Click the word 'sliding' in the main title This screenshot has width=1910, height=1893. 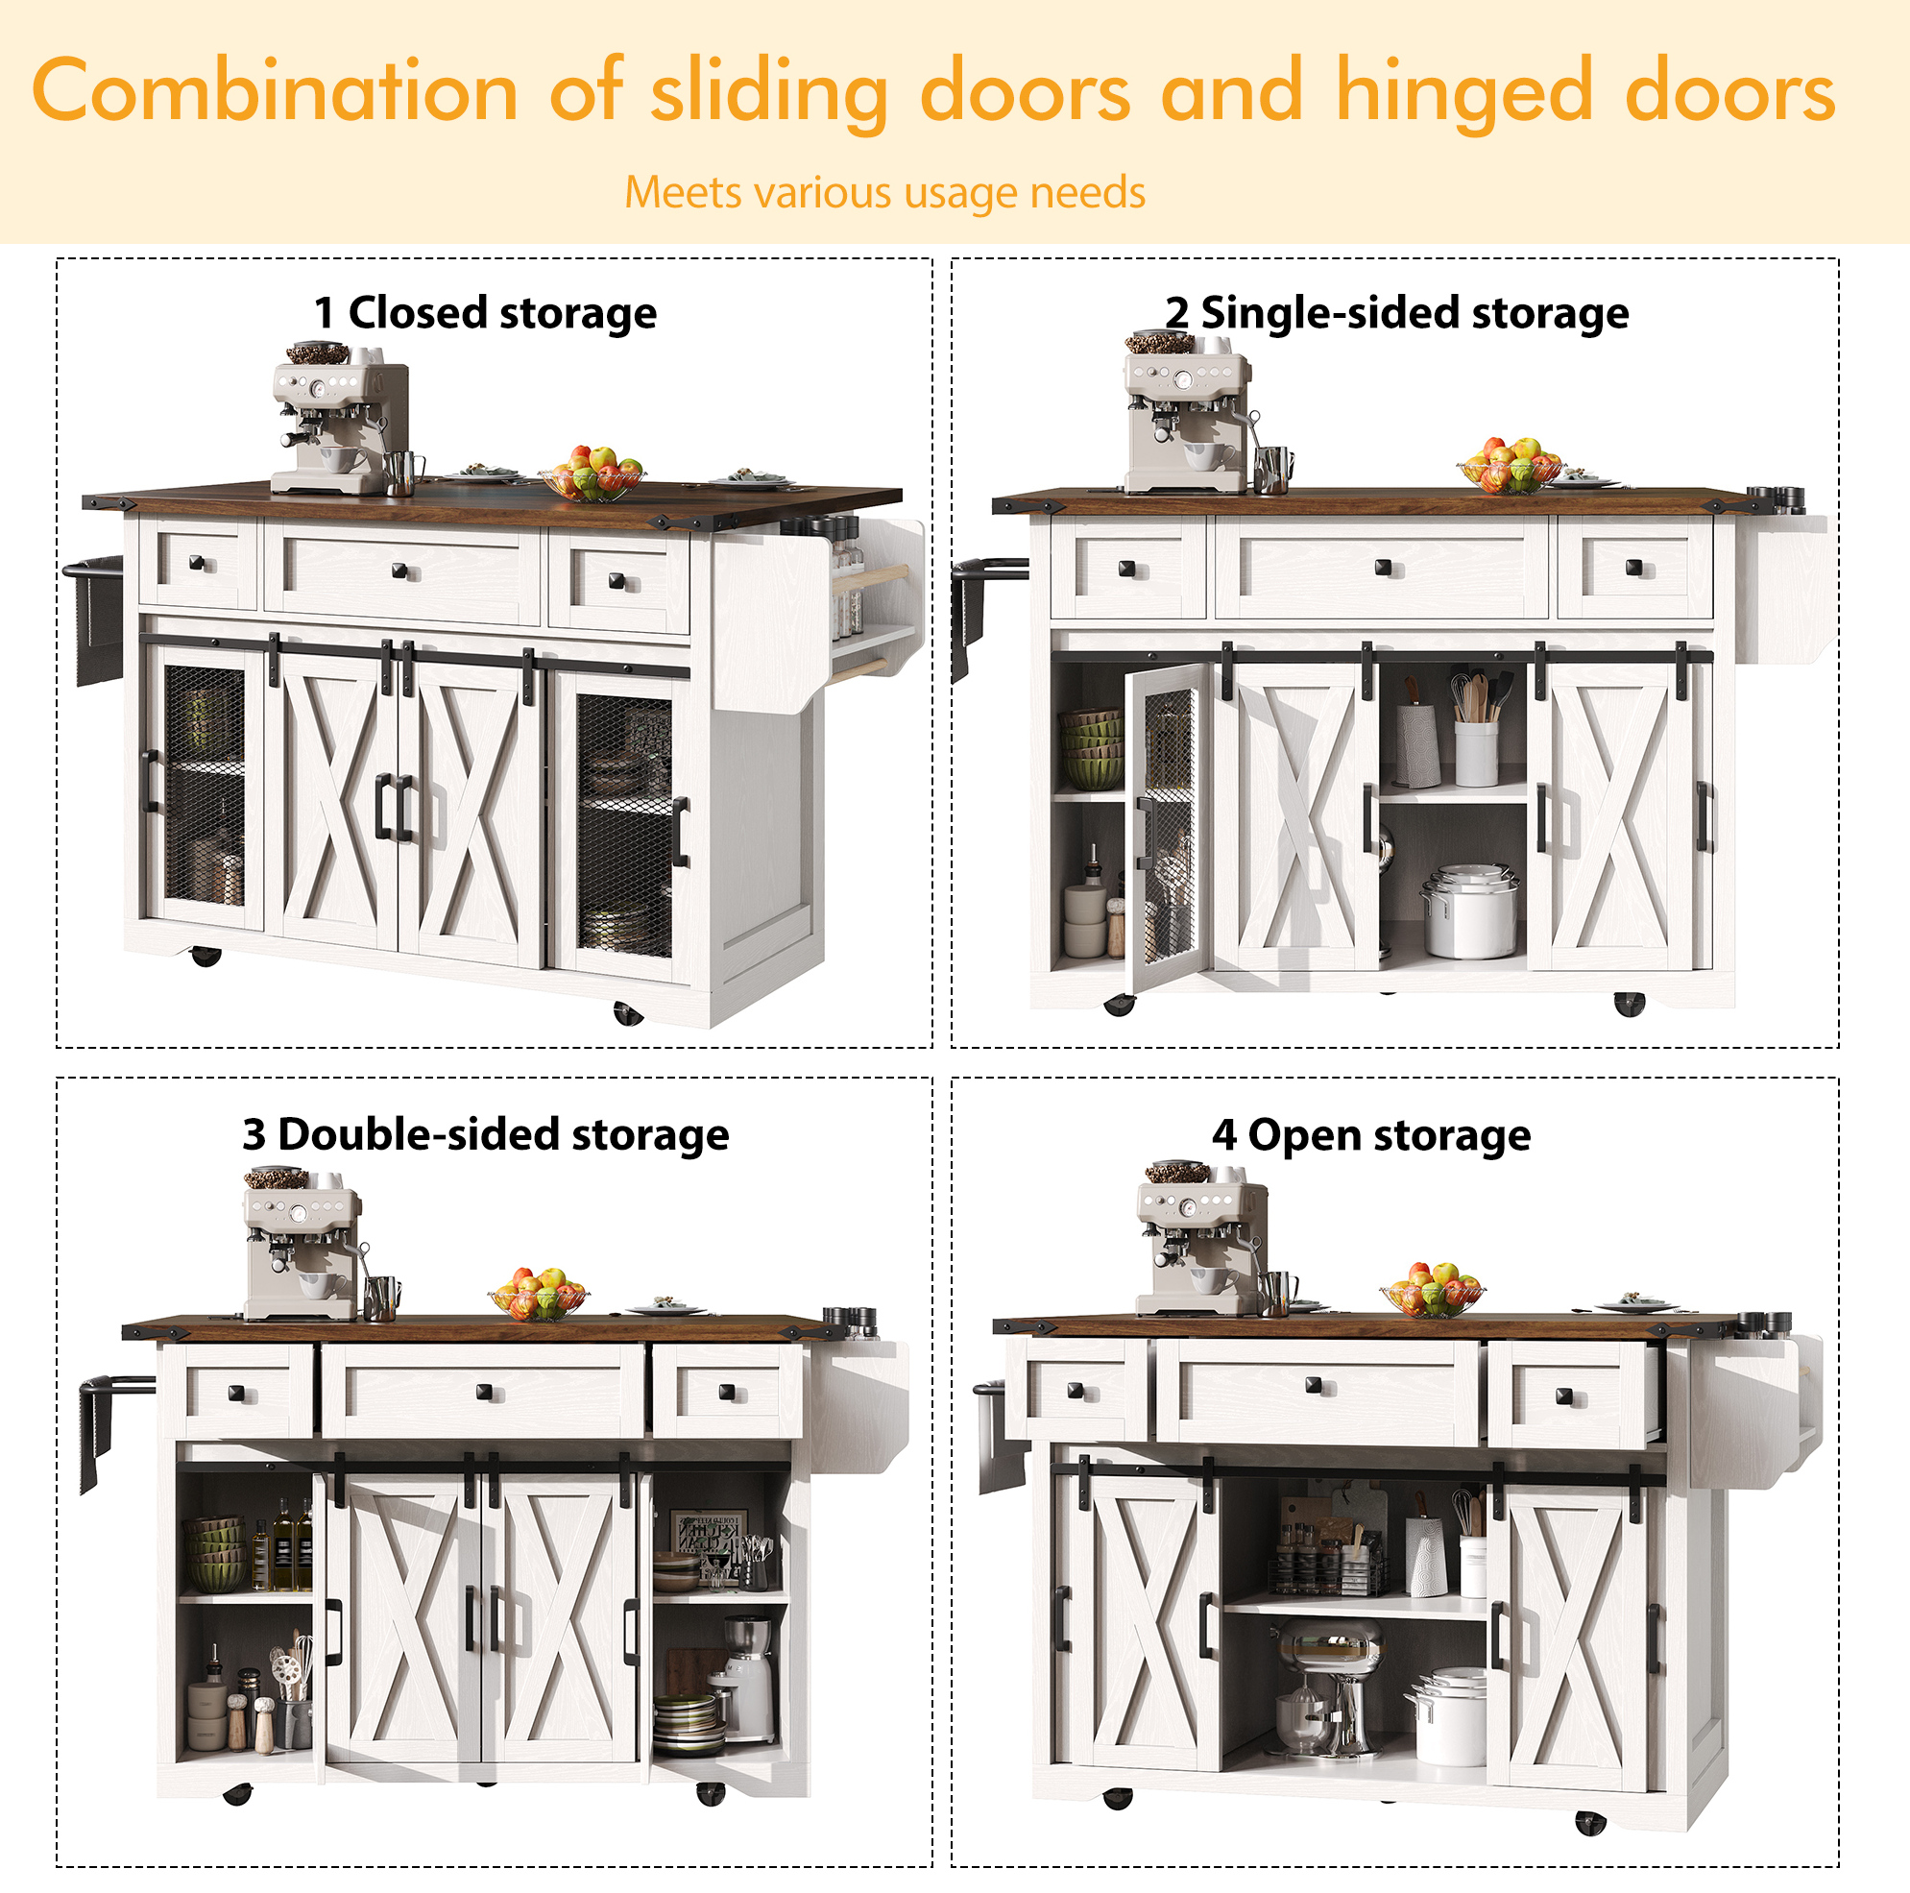(x=769, y=92)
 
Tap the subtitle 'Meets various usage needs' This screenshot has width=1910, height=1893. (x=884, y=192)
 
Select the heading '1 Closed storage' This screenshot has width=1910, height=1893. (x=485, y=313)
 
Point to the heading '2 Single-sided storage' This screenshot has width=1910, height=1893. (x=1396, y=313)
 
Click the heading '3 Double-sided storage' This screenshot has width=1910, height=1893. (x=485, y=1135)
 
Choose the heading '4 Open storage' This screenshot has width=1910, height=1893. (x=1371, y=1135)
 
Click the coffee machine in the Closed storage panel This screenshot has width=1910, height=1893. (x=339, y=418)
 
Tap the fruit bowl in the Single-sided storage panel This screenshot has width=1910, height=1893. (x=1511, y=466)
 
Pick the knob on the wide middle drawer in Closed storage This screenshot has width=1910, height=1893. (x=399, y=570)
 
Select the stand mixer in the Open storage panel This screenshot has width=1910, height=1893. (x=1326, y=1687)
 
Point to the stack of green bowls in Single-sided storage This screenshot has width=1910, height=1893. (x=1091, y=749)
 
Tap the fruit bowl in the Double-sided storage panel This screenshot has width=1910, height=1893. (x=539, y=1294)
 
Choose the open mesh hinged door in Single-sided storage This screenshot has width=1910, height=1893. (x=1170, y=823)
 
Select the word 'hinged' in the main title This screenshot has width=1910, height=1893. (x=1464, y=92)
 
